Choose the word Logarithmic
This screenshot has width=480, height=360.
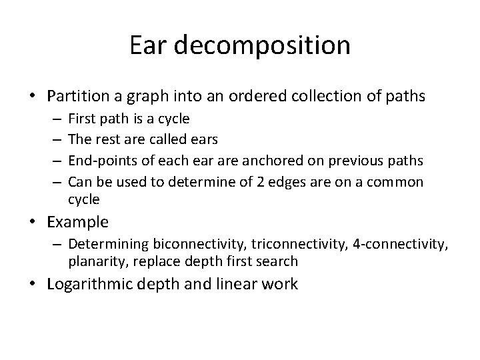coord(93,284)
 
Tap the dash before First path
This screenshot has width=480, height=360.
coord(55,119)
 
